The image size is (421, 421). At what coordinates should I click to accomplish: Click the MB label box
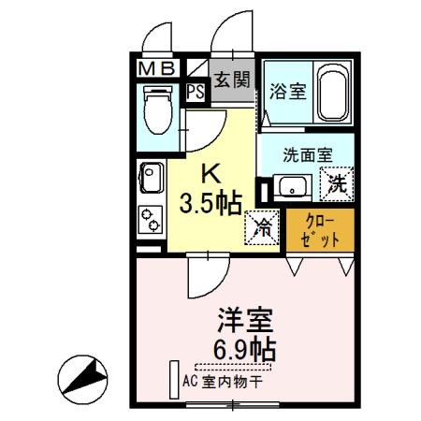click(x=156, y=68)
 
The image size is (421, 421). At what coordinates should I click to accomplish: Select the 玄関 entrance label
click(x=232, y=80)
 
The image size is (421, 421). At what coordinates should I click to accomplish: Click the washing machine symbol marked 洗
click(x=338, y=184)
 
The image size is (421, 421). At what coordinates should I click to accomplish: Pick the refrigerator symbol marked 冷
click(x=265, y=225)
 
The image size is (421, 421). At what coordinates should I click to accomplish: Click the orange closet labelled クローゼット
click(x=320, y=230)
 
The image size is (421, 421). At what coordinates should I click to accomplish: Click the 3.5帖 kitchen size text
click(x=211, y=202)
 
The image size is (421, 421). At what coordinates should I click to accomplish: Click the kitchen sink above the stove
click(x=150, y=176)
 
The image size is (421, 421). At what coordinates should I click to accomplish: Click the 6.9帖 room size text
click(x=243, y=352)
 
